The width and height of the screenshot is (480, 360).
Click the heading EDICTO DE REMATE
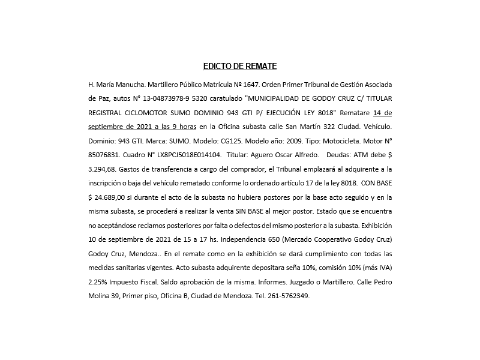coord(239,66)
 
